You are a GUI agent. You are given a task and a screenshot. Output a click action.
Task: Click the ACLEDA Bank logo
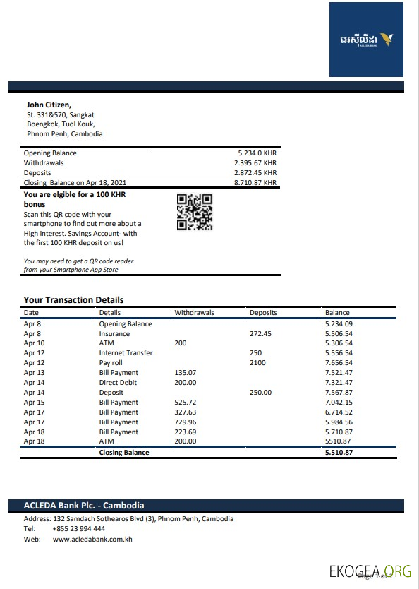point(366,39)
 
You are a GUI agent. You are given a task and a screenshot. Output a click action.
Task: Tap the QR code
point(194,212)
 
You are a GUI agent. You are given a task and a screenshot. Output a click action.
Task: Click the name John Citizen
point(49,105)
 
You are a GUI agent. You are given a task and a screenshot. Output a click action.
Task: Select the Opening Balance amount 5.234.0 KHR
point(257,153)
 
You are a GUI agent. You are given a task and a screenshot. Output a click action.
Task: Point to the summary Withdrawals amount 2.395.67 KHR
point(255,163)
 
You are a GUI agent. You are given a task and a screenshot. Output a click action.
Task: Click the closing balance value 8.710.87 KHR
point(255,183)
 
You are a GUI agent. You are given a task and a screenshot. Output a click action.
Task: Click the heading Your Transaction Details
point(73,299)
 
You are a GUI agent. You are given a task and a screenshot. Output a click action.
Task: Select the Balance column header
point(337,312)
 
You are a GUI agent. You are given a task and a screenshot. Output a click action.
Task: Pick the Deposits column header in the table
point(263,312)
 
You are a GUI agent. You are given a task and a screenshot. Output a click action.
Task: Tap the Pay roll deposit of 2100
point(257,363)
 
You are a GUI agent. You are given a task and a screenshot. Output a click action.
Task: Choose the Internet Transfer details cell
point(126,353)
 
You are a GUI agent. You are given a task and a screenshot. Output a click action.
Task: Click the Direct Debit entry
point(119,383)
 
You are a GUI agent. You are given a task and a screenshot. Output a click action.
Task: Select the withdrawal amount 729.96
point(186,422)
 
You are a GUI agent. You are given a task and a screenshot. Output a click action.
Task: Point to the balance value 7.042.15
point(339,403)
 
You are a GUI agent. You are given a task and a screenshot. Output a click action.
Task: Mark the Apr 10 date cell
point(34,343)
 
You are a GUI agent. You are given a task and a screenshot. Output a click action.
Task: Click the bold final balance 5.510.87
point(339,453)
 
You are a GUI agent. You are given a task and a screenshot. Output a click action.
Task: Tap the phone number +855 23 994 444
point(79,529)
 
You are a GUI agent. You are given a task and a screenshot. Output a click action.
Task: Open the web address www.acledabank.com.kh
point(92,540)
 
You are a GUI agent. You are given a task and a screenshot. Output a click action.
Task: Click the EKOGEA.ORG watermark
point(370,571)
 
